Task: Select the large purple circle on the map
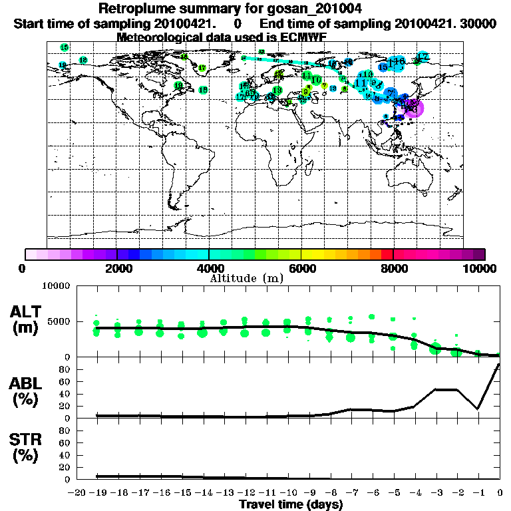click(413, 107)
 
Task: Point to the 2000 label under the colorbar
click(117, 268)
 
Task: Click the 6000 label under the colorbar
click(301, 268)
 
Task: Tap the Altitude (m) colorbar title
click(247, 277)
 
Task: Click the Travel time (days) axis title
click(290, 504)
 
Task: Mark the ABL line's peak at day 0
click(500, 364)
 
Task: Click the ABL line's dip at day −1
click(478, 409)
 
